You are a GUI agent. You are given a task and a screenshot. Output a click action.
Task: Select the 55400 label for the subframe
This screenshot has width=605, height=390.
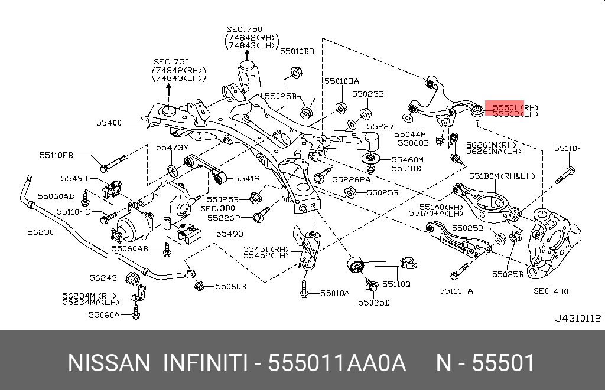pos(109,123)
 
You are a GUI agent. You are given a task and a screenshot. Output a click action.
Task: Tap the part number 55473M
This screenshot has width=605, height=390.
pos(172,147)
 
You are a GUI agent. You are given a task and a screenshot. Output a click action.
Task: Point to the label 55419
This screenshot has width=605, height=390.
pos(246,178)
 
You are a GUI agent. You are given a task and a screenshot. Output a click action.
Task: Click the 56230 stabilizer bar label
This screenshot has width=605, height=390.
pos(40,232)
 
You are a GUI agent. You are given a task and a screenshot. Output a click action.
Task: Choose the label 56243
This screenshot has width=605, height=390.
pos(104,277)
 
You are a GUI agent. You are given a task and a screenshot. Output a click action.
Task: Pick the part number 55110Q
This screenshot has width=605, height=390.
pos(396,284)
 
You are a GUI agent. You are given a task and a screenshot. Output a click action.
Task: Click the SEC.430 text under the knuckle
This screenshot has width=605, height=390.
pos(550,291)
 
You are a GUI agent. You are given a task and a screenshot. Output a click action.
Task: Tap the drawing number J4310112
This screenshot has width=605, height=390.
pos(577,318)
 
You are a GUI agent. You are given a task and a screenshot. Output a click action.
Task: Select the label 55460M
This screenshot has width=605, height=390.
pos(407,159)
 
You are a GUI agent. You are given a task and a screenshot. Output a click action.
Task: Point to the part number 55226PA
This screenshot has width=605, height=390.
pos(351,179)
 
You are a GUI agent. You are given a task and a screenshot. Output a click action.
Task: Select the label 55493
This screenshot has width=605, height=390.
pos(229,234)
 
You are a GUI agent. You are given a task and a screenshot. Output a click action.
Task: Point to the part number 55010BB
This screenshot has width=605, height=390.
pos(297,51)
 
